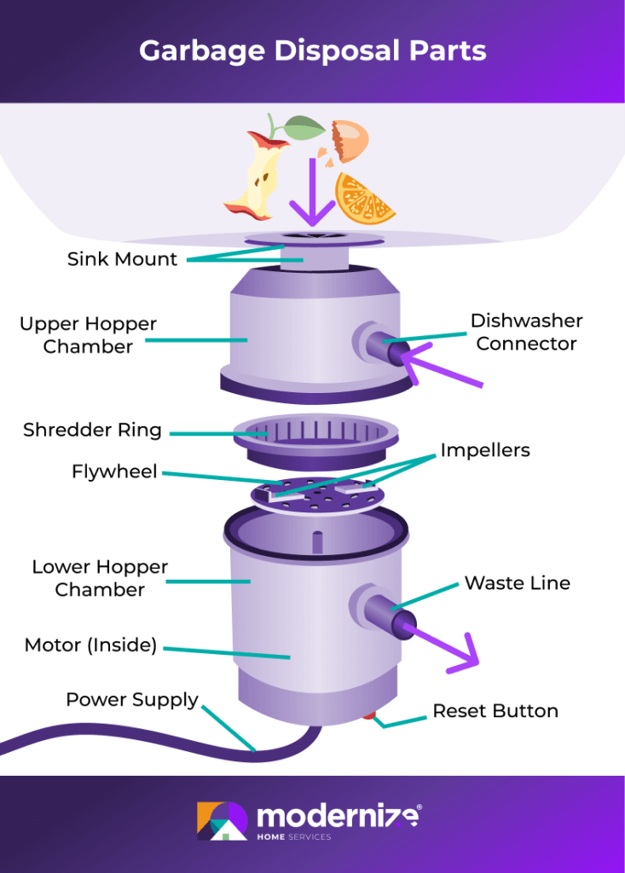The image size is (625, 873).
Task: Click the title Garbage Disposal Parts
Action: pyautogui.click(x=312, y=50)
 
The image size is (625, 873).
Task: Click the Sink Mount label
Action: pyautogui.click(x=122, y=259)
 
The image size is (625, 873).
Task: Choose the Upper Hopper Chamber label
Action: pyautogui.click(x=88, y=335)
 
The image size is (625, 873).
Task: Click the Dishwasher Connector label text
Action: pyautogui.click(x=526, y=332)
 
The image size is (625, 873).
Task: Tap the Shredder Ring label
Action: pyautogui.click(x=92, y=430)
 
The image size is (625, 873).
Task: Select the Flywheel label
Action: pyautogui.click(x=114, y=471)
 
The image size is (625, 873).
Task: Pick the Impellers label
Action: pyautogui.click(x=484, y=450)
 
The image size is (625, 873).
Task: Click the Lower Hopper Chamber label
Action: pyautogui.click(x=100, y=578)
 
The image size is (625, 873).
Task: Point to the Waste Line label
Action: pyautogui.click(x=517, y=583)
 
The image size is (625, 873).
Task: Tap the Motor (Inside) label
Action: pyautogui.click(x=90, y=645)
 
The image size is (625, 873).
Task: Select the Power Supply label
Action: pyautogui.click(x=132, y=700)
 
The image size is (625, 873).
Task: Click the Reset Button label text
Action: pyautogui.click(x=495, y=710)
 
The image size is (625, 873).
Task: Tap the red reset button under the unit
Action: pyautogui.click(x=369, y=714)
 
